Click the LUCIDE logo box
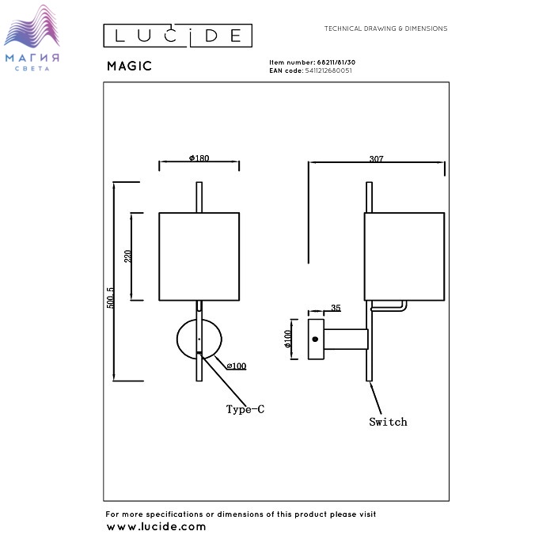click(x=178, y=36)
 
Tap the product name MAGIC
click(x=129, y=67)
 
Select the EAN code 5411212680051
click(x=328, y=70)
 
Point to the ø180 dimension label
click(x=199, y=158)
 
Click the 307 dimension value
click(x=376, y=159)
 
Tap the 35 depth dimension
click(x=336, y=307)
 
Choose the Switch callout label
click(x=388, y=422)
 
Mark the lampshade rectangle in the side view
click(x=404, y=256)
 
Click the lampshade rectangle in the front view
click(x=199, y=256)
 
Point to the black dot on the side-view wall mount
click(x=315, y=339)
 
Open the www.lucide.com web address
click(x=156, y=526)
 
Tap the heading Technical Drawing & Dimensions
click(x=385, y=28)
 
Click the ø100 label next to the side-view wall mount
click(x=288, y=339)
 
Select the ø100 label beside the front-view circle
click(x=236, y=366)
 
